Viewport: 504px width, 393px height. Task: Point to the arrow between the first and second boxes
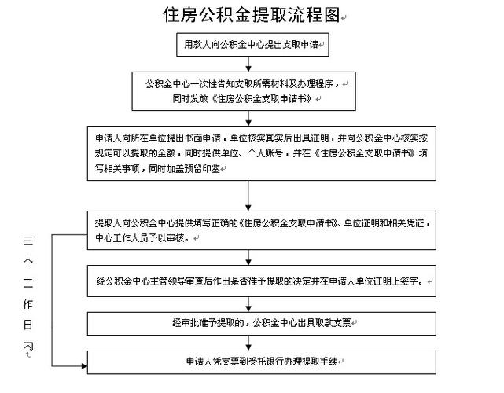point(250,63)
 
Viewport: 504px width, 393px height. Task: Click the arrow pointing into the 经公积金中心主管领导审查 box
point(250,258)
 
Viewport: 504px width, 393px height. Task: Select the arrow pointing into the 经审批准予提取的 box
point(250,305)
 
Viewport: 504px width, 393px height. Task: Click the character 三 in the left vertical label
point(28,241)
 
